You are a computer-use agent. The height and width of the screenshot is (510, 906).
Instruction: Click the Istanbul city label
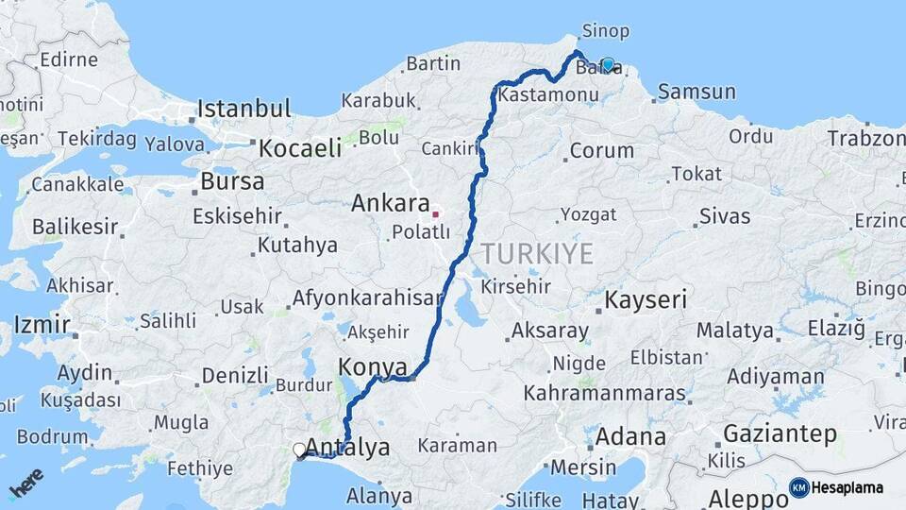244,109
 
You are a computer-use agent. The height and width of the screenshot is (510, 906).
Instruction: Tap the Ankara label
390,203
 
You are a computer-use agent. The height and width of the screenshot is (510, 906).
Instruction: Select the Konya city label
372,367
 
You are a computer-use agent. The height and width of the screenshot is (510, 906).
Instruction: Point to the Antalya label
347,448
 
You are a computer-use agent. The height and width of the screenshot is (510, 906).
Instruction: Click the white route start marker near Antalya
299,450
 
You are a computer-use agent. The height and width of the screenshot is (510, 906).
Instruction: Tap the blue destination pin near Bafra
609,64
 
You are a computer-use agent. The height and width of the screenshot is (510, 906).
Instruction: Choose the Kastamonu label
547,95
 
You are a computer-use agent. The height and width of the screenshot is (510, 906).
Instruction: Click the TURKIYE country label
537,253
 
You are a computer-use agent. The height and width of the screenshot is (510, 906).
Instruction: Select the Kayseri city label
646,300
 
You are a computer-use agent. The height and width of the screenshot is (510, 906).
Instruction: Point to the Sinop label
606,31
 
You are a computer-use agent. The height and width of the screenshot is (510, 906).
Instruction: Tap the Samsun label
696,92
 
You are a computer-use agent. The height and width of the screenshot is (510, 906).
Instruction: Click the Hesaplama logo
837,487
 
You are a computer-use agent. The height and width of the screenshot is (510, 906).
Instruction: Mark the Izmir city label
42,326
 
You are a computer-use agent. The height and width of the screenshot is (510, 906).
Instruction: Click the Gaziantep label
780,434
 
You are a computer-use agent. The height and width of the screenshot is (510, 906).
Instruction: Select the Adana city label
629,437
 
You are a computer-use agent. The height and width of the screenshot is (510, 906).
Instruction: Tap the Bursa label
232,180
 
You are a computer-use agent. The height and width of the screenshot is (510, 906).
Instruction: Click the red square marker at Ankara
436,213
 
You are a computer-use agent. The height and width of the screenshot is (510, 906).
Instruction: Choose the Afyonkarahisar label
367,298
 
